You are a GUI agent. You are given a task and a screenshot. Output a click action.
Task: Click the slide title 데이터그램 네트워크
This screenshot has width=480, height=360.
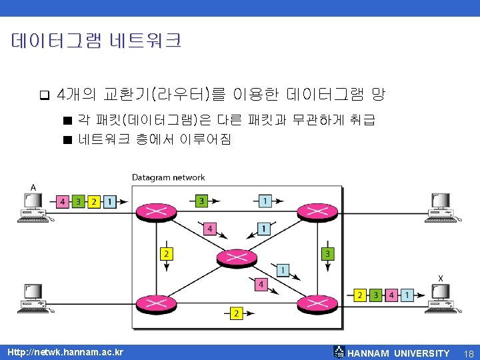(96, 41)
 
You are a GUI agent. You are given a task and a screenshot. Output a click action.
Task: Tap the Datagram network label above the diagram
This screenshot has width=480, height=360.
(168, 177)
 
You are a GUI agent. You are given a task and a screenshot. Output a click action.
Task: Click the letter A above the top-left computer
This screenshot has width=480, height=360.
(33, 187)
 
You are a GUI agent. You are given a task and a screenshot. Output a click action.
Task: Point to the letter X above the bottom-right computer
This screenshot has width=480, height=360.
(441, 278)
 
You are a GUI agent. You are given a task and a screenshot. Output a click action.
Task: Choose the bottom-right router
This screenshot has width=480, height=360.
(313, 303)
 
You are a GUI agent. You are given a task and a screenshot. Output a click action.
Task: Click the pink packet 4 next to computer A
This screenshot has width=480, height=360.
(63, 201)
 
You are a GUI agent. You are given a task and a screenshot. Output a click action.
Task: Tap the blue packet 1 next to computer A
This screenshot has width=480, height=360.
(109, 201)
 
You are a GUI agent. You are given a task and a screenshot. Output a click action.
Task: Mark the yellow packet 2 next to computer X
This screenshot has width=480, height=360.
(361, 294)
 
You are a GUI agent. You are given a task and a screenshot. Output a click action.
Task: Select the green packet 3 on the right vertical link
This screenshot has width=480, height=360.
(327, 254)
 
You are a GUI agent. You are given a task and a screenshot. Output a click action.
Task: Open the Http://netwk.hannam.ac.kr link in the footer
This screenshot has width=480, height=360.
(65, 352)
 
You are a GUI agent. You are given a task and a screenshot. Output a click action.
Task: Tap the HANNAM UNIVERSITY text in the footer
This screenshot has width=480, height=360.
(399, 353)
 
